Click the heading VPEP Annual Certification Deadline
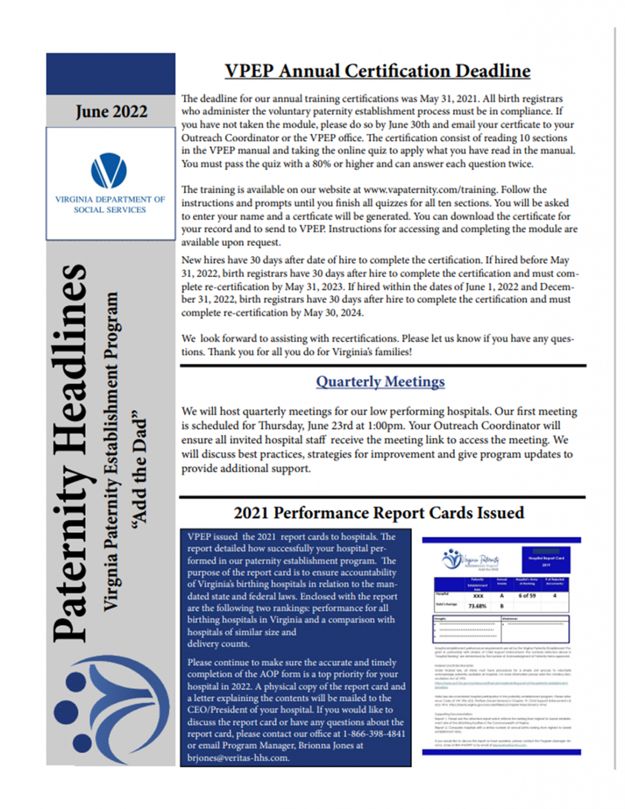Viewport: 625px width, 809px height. click(377, 71)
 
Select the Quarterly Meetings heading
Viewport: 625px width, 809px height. click(380, 381)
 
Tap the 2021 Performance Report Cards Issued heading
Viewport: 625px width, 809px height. click(379, 512)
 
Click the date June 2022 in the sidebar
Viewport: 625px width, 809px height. click(111, 112)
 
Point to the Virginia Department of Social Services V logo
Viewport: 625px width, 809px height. click(109, 171)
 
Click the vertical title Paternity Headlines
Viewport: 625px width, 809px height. click(71, 453)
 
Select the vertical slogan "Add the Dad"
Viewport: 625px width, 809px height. click(139, 466)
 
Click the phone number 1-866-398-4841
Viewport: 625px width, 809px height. click(374, 734)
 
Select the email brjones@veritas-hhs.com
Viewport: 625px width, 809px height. click(238, 757)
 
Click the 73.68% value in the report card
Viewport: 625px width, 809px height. click(477, 606)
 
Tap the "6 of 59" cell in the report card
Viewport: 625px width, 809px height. click(527, 596)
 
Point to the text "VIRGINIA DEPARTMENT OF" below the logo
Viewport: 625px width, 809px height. click(110, 200)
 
